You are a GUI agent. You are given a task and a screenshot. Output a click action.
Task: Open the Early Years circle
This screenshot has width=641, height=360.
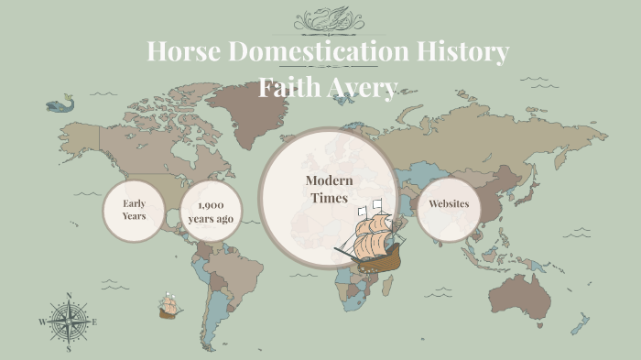click(134, 210)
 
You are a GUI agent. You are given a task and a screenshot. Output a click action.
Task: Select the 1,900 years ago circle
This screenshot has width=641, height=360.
click(211, 211)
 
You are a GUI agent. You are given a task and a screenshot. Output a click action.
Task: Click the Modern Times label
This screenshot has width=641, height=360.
click(330, 189)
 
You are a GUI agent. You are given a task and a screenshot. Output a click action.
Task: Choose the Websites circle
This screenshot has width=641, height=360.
click(449, 204)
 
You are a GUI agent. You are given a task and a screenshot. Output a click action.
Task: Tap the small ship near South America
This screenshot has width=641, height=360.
click(168, 306)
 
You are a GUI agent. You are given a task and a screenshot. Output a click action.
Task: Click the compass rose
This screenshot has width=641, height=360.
click(69, 322)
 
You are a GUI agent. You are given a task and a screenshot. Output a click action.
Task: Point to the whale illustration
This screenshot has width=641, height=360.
click(60, 104)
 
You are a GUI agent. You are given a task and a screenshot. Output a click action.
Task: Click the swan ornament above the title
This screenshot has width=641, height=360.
click(328, 18)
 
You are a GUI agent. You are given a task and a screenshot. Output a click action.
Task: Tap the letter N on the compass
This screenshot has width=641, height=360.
click(69, 296)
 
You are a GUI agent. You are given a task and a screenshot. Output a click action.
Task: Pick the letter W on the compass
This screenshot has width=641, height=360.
click(42, 322)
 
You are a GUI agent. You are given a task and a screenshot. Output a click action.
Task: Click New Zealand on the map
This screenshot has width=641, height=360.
click(580, 323)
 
